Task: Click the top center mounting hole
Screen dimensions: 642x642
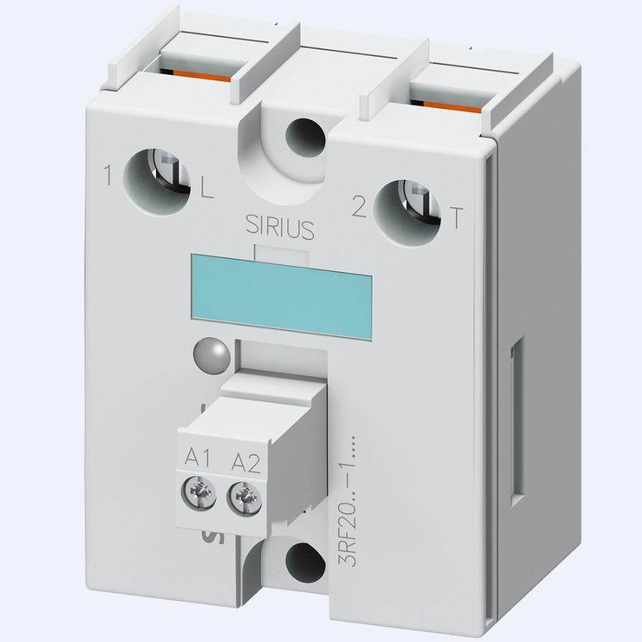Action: click(297, 134)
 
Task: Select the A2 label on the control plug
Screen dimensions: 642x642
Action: click(245, 461)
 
